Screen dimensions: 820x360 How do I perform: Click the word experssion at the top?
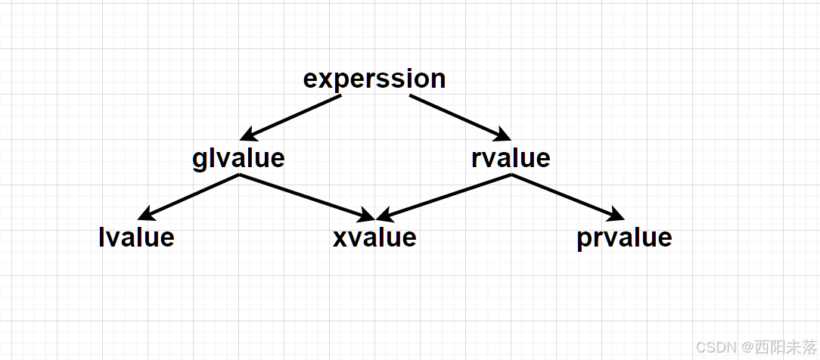pos(374,79)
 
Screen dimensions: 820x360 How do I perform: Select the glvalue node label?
pos(238,158)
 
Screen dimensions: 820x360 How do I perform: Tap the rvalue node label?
pos(511,158)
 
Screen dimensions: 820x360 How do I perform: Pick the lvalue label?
pos(137,237)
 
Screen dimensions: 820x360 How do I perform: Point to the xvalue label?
pos(374,237)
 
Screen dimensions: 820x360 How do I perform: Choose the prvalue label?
pos(624,237)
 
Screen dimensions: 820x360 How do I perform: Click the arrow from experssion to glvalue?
pos(291,117)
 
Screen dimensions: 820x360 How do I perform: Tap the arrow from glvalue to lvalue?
pos(189,196)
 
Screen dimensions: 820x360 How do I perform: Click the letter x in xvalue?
pos(340,238)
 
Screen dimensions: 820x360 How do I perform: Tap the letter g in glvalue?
pos(200,160)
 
